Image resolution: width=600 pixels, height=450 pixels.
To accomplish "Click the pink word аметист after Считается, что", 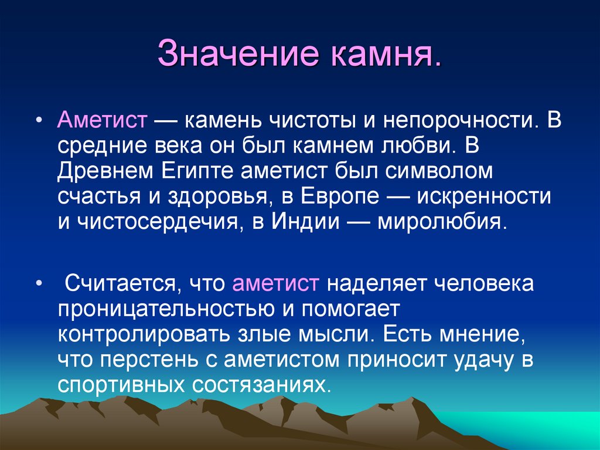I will (x=275, y=285).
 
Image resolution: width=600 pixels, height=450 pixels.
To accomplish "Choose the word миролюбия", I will (x=439, y=222).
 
